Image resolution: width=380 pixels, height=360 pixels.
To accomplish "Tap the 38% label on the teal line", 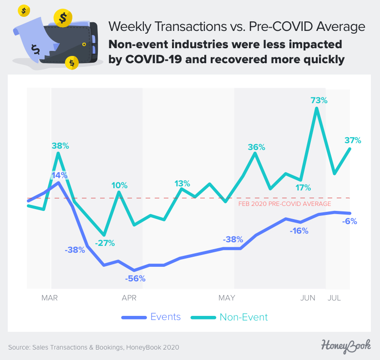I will [x=60, y=146].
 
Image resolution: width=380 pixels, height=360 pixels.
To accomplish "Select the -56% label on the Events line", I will [x=135, y=279].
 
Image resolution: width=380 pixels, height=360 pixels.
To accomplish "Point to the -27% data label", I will [x=105, y=243].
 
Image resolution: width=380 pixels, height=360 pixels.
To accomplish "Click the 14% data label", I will [x=59, y=175].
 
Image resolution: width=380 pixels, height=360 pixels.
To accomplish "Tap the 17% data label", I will [x=303, y=187].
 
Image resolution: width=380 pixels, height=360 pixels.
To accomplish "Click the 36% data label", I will [x=256, y=147].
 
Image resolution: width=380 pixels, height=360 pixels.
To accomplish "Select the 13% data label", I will [x=182, y=184].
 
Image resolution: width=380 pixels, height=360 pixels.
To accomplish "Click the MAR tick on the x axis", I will [x=49, y=298].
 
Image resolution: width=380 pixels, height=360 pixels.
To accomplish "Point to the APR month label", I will [x=129, y=298].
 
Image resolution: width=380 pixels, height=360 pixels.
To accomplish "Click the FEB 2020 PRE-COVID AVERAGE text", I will [x=285, y=204].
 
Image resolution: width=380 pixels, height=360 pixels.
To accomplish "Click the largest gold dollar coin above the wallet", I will [x=62, y=18].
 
